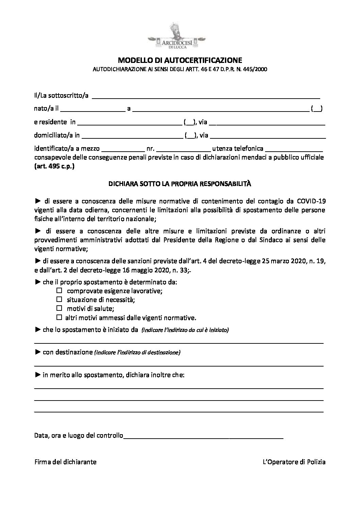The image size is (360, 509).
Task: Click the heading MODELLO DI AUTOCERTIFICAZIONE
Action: (180, 61)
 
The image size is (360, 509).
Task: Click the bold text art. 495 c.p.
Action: (54, 167)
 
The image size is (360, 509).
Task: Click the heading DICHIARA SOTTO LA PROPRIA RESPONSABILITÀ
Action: (179, 184)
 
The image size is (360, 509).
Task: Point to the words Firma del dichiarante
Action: (65, 462)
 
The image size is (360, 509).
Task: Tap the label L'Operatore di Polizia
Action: (294, 462)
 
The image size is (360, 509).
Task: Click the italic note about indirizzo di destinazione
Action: (137, 353)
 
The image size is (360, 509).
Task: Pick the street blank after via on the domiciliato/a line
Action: (268, 137)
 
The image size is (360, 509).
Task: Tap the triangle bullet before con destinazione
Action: (37, 352)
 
